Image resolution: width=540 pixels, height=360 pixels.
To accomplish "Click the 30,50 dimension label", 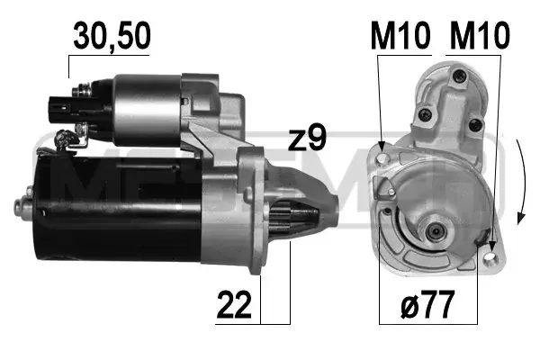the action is coord(112,36).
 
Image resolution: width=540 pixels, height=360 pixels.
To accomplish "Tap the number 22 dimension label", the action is coord(234,305).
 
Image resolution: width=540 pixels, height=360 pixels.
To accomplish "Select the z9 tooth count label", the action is coord(307,138).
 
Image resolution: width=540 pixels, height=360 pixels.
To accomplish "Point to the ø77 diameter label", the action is coord(427,304).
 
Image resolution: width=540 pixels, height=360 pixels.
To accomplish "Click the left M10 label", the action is coord(400,35).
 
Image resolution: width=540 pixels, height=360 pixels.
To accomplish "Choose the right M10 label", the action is coord(480,35).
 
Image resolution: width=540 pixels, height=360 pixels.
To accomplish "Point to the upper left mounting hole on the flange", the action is coord(382,158).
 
